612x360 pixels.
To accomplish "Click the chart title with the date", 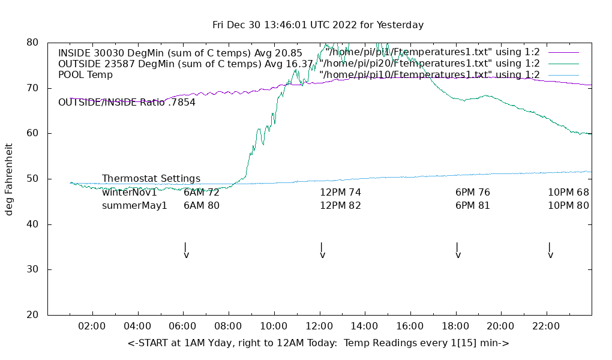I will coord(318,25).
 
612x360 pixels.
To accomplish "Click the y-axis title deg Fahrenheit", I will coord(9,179).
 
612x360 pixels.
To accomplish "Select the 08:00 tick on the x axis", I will coord(229,326).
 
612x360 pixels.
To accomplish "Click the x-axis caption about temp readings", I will coord(318,343).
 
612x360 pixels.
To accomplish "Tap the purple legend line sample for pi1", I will coord(563,52).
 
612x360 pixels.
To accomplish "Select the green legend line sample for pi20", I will coord(563,64).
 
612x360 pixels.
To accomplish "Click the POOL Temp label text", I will coord(85,75).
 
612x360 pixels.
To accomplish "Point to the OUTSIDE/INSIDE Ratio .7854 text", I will coord(127,103).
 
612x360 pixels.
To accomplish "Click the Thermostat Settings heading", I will coord(151,179).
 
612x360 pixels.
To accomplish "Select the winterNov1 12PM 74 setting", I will coord(340,193).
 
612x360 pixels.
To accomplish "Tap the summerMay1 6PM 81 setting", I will coord(473,206).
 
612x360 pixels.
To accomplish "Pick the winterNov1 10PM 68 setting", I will coord(568,193).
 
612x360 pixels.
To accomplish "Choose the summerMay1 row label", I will coord(134,206).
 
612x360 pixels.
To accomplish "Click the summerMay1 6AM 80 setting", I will coord(202,206).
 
